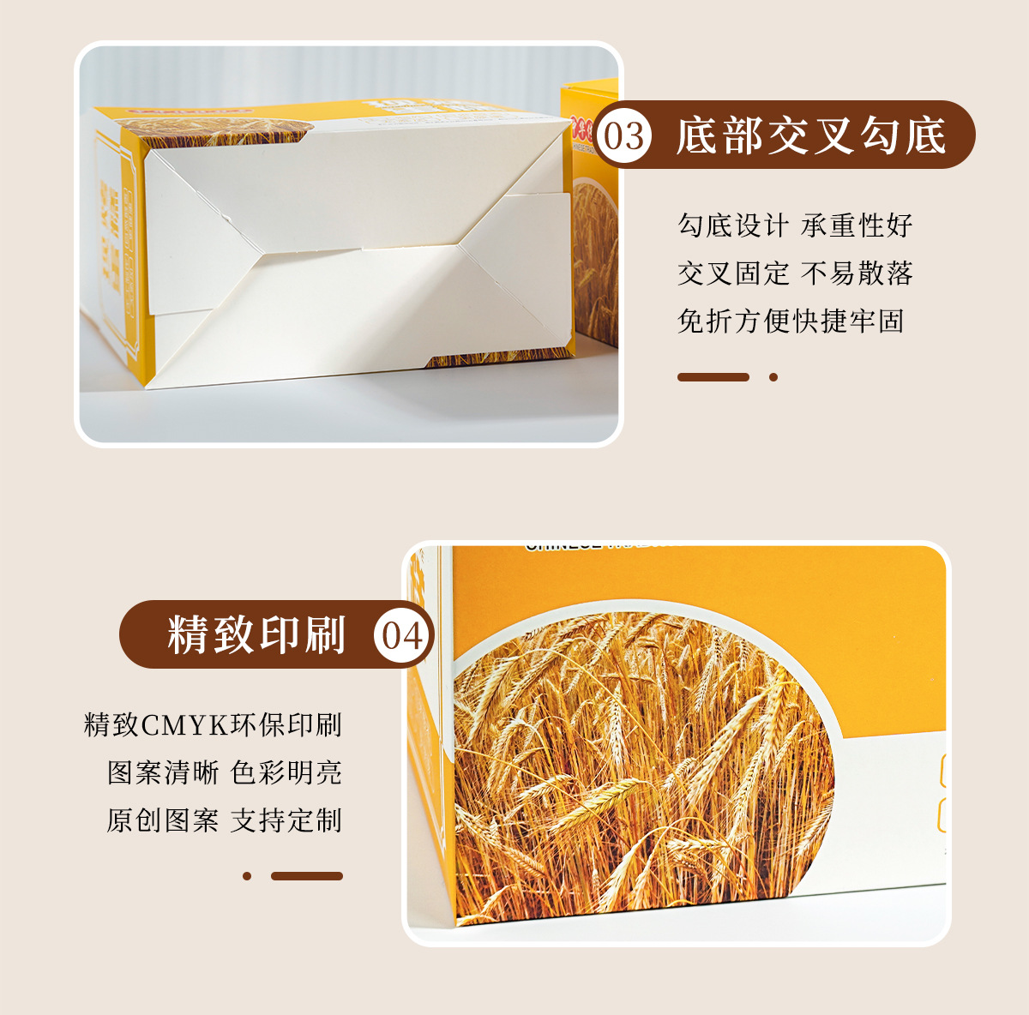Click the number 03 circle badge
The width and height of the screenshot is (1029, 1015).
click(623, 136)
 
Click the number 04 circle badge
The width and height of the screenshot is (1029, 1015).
click(402, 636)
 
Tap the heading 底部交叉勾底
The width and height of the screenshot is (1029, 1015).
click(810, 136)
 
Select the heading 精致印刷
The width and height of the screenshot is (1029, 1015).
click(256, 635)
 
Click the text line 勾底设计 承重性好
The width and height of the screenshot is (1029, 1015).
click(795, 225)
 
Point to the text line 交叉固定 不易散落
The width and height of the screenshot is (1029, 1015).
click(795, 273)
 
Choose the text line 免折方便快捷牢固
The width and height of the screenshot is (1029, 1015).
click(791, 321)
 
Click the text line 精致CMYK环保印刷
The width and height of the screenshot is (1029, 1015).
click(214, 725)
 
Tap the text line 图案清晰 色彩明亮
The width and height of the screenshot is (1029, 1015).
click(225, 772)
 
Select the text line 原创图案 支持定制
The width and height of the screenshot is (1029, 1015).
click(225, 820)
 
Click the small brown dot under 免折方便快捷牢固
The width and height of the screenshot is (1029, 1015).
click(773, 377)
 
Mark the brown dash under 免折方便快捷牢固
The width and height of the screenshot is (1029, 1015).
click(713, 377)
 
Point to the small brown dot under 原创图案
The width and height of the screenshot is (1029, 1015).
click(247, 876)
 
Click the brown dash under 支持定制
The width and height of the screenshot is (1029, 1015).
click(307, 876)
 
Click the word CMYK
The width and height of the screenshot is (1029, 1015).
click(185, 725)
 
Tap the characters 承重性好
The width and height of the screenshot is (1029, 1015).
click(857, 225)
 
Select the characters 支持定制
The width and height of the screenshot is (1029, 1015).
click(286, 820)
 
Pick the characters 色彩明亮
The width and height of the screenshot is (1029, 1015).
click(286, 772)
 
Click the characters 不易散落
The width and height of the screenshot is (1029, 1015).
click(857, 273)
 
